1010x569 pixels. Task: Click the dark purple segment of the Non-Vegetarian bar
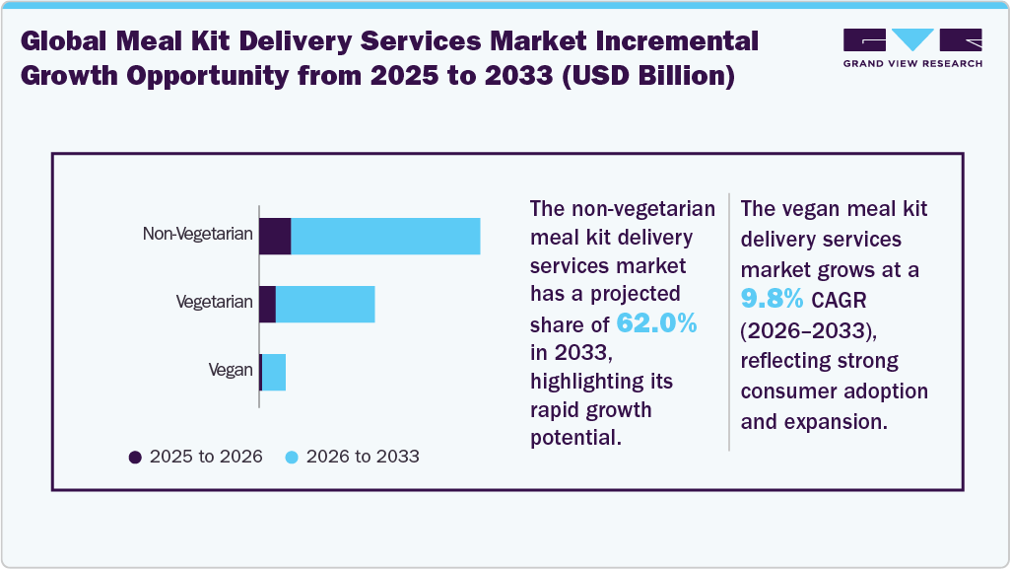[x=275, y=237]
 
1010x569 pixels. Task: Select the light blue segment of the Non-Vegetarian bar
[x=385, y=237]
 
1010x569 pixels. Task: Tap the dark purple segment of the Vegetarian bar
[x=267, y=305]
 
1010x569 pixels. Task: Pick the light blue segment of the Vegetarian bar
[x=325, y=305]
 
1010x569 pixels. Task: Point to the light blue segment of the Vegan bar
[x=274, y=372]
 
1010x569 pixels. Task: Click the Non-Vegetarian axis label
[x=198, y=235]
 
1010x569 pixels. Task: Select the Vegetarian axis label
[x=214, y=303]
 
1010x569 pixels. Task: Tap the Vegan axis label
[x=231, y=371]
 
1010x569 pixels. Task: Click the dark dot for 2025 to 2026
[x=135, y=457]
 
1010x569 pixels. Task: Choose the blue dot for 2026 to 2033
[x=292, y=457]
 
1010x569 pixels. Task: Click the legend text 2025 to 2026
[x=205, y=457]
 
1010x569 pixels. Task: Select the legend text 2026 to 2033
[x=363, y=457]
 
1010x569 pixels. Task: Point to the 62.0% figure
[x=656, y=322]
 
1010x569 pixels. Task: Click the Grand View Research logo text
[x=912, y=63]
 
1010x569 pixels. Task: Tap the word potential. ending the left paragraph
[x=575, y=437]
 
